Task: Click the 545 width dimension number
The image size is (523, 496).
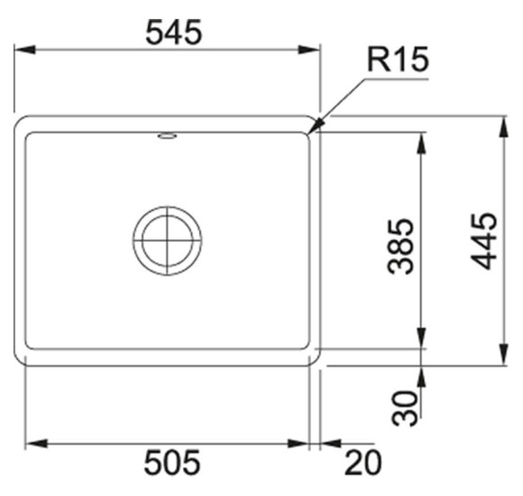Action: coord(174,32)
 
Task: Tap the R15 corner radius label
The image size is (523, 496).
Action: coord(398,60)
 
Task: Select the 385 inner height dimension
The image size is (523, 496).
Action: coord(400,246)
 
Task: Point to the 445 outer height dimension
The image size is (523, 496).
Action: coord(483,241)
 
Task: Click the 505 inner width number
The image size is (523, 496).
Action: coord(172,462)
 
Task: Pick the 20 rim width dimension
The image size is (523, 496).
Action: coord(362,463)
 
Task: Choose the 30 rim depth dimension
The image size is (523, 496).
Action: coord(405,409)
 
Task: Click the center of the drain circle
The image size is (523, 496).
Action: coord(167,241)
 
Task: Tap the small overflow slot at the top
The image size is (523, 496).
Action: coord(167,136)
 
